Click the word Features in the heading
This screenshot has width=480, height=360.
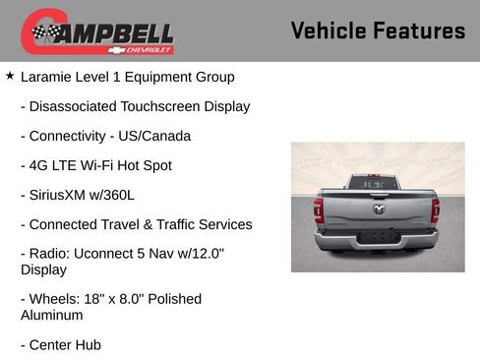tap(418, 30)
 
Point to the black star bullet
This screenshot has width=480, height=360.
tap(10, 76)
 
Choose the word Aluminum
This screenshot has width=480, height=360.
tap(51, 315)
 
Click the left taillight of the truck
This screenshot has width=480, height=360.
tap(318, 211)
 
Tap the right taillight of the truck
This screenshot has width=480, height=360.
tap(435, 210)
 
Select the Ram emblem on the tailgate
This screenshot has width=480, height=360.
tap(378, 209)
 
